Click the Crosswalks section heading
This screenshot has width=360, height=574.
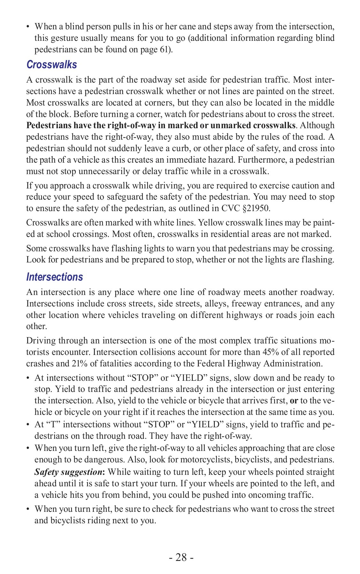[51, 65]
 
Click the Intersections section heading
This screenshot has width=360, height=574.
[55, 277]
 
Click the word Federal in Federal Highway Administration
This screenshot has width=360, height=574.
[209, 364]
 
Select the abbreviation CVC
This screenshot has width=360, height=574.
[229, 209]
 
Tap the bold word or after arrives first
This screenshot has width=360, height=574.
[294, 401]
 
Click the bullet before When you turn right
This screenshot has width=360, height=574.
[28, 509]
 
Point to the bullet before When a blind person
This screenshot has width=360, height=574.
[28, 27]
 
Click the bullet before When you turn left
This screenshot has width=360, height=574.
[28, 448]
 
